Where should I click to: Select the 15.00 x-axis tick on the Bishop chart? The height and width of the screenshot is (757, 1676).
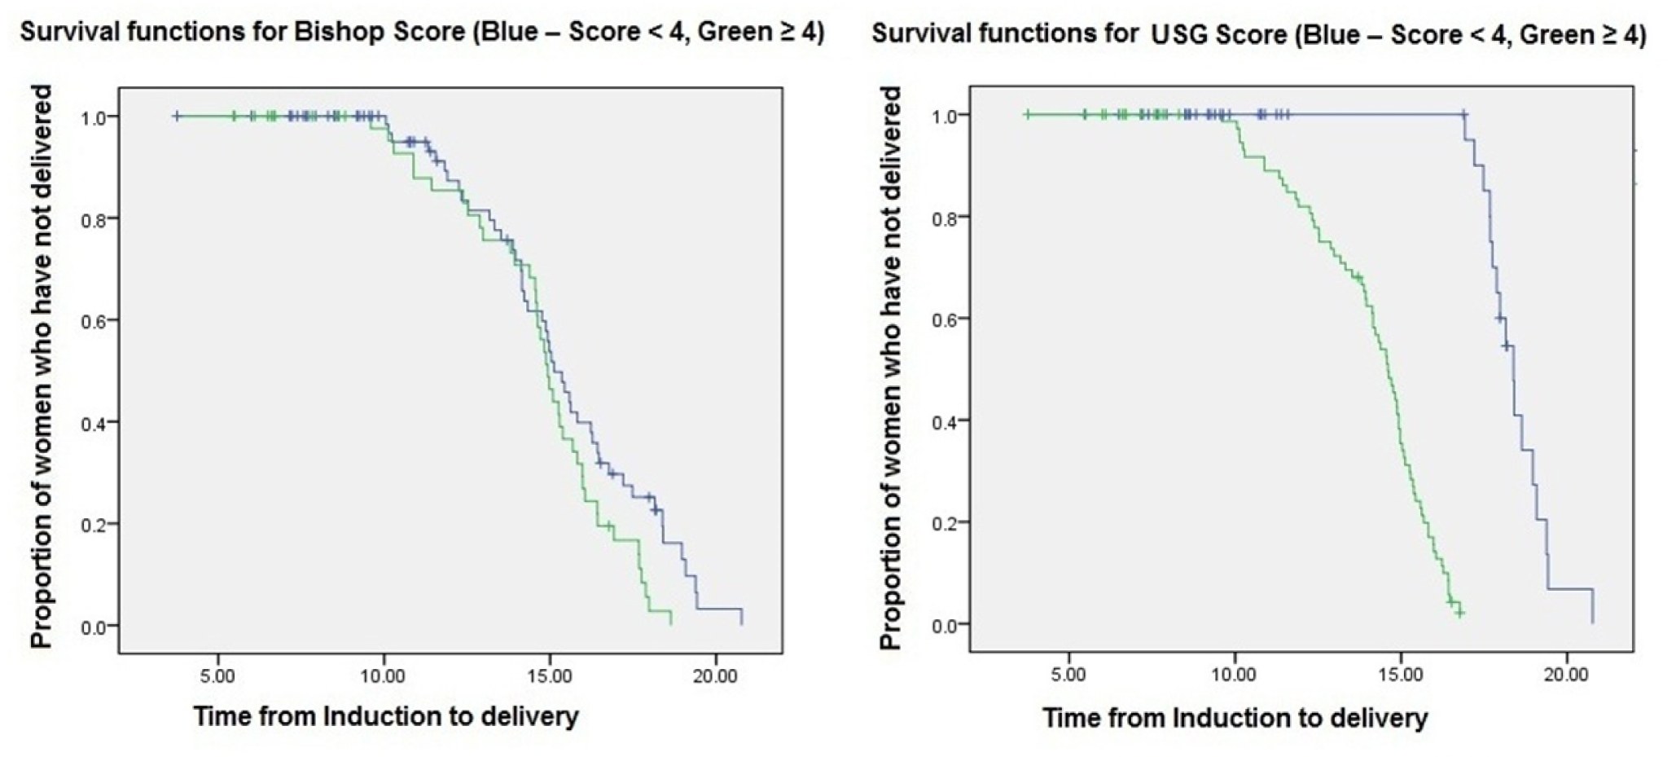[x=550, y=676]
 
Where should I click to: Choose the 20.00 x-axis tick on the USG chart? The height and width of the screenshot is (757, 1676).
[x=1567, y=675]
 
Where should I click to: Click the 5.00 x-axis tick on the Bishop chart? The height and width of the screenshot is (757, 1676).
[x=217, y=676]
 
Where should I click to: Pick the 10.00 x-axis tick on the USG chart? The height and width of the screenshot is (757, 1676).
[x=1235, y=675]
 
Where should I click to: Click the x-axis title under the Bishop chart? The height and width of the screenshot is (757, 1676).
[x=386, y=716]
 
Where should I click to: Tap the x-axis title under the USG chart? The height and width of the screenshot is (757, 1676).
[x=1235, y=718]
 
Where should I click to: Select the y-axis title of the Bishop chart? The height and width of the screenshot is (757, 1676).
[x=42, y=367]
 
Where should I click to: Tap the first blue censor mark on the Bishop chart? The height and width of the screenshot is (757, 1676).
[x=177, y=117]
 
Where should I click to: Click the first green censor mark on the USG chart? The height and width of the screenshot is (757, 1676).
[x=1027, y=115]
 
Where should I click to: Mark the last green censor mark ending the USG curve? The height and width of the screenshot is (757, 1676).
[x=1460, y=613]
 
